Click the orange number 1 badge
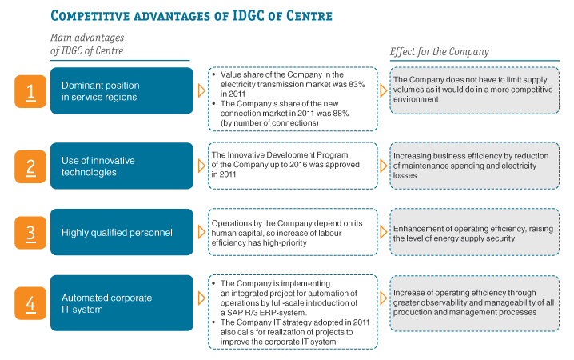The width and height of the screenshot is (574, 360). tap(30, 91)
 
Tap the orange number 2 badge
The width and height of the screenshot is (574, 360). tap(30, 166)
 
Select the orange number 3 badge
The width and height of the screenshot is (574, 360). tap(30, 233)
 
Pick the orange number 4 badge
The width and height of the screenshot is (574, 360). tap(30, 303)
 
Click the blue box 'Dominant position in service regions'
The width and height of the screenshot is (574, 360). tap(122, 90)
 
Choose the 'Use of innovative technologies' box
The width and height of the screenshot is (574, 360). tap(122, 166)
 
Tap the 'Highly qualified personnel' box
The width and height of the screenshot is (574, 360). tap(122, 232)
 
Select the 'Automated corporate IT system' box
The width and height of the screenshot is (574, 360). tap(122, 303)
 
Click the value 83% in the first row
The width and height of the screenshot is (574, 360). tap(357, 84)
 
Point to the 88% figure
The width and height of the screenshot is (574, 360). tap(341, 113)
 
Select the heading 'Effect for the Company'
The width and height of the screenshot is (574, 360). tap(439, 52)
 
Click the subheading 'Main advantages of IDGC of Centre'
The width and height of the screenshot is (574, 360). tap(87, 44)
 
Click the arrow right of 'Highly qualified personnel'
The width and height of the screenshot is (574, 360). tap(201, 232)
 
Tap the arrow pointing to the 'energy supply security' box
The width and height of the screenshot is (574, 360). tap(383, 232)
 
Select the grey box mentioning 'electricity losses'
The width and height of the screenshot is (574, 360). tap(474, 166)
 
